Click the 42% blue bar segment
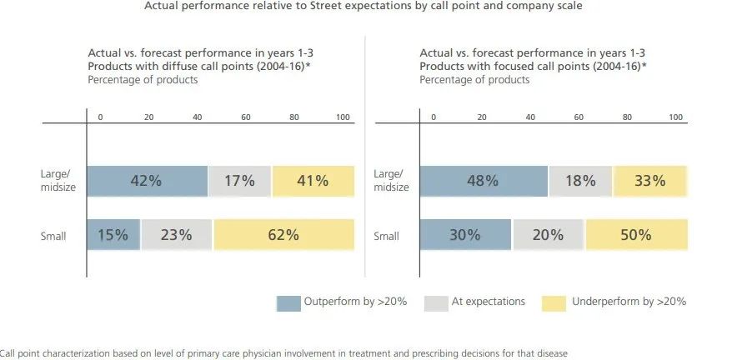[x=147, y=181]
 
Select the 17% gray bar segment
[x=239, y=181]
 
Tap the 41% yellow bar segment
[x=313, y=181]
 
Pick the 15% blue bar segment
[x=113, y=235]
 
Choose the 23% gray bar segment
[x=177, y=235]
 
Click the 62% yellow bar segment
[x=283, y=235]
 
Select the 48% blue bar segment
[x=484, y=181]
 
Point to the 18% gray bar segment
[x=580, y=181]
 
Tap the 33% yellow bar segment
[x=649, y=181]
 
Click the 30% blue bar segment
[x=465, y=235]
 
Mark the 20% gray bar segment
[x=549, y=235]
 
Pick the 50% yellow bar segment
[x=636, y=235]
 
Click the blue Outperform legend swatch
[x=288, y=302]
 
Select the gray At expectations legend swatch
[x=434, y=302]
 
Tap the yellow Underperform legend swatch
[x=554, y=302]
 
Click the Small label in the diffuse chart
[x=53, y=237]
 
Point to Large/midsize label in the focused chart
[x=389, y=181]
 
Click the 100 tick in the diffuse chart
[x=343, y=117]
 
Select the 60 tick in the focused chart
[x=579, y=117]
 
